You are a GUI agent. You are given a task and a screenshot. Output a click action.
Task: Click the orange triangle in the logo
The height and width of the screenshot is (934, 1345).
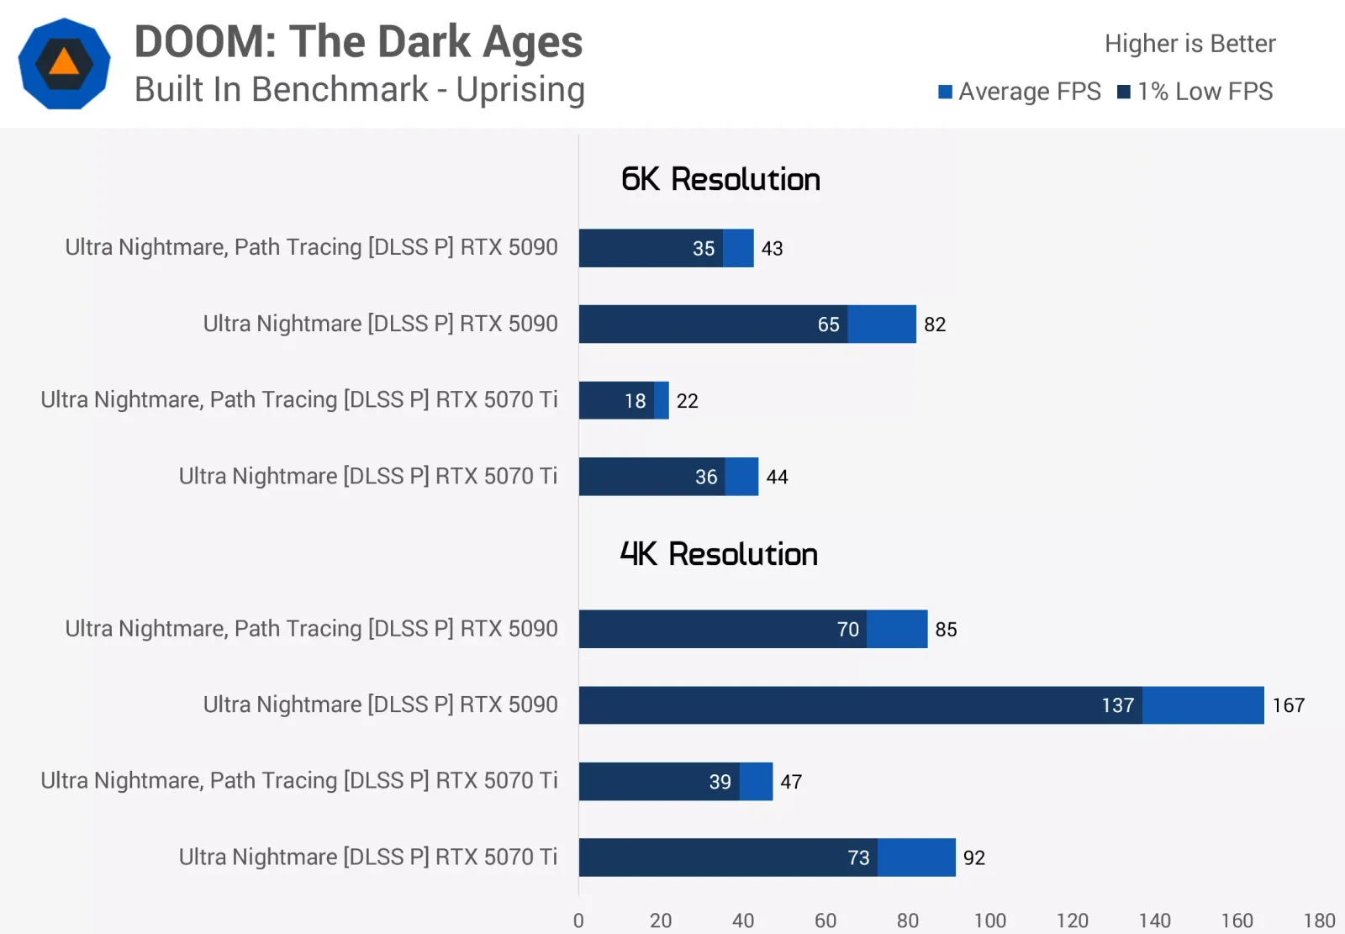(64, 62)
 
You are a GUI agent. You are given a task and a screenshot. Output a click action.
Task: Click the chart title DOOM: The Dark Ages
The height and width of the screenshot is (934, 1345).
(358, 42)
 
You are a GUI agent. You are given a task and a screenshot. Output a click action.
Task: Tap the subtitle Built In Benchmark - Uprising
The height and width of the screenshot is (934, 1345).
(359, 89)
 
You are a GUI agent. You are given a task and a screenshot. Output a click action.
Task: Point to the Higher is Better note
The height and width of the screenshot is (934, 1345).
(1190, 43)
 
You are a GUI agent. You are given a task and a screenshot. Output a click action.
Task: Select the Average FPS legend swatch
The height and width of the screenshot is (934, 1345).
(945, 92)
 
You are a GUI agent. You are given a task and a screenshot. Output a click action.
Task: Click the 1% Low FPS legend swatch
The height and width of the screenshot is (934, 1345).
(1123, 92)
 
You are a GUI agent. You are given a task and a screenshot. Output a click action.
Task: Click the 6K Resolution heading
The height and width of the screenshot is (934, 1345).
(720, 179)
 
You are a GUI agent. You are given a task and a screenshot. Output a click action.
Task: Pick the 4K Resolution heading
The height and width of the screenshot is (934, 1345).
(719, 554)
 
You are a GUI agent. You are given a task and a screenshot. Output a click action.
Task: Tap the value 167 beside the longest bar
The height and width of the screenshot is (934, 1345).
(1289, 705)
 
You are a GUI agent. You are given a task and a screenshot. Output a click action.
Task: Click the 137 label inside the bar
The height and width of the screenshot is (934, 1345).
(1117, 705)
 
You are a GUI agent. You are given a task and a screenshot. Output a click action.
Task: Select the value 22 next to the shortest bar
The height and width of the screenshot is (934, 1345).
(687, 401)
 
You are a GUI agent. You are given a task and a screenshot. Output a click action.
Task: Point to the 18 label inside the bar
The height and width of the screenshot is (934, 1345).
(635, 401)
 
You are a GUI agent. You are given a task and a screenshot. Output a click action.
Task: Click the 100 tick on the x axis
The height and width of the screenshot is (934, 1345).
(989, 921)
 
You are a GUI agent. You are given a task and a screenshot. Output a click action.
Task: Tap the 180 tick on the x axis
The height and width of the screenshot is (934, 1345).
(1319, 921)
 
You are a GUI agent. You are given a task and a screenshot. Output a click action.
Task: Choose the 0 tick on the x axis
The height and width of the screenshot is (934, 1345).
(578, 921)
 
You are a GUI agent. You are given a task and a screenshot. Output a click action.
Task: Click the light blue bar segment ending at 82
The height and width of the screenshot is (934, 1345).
(882, 325)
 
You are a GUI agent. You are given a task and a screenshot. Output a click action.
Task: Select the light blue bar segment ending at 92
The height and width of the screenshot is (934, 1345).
(916, 857)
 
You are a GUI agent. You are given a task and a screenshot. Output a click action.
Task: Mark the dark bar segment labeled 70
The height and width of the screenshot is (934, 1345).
(722, 629)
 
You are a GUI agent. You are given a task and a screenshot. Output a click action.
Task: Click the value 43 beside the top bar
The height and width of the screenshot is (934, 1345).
(772, 248)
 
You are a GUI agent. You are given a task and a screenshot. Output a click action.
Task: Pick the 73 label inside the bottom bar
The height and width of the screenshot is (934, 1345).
(858, 857)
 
